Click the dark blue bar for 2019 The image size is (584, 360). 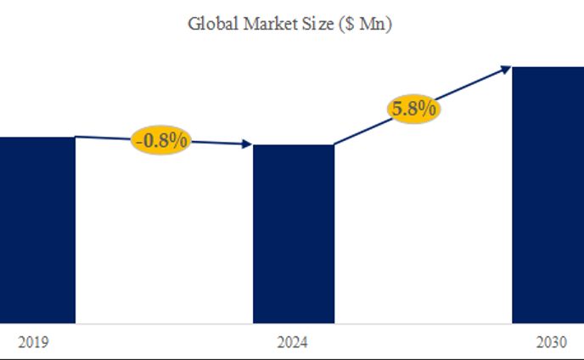tap(37, 229)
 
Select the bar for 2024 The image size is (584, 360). tap(294, 233)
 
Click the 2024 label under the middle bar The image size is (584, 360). tap(293, 343)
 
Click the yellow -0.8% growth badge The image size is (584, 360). tap(161, 140)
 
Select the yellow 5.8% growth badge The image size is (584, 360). tap(413, 109)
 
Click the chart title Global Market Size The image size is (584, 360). tap(289, 23)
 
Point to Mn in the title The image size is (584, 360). tap(371, 23)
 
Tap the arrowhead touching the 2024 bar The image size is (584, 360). tap(248, 145)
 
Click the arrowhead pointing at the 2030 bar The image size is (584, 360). tap(507, 68)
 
